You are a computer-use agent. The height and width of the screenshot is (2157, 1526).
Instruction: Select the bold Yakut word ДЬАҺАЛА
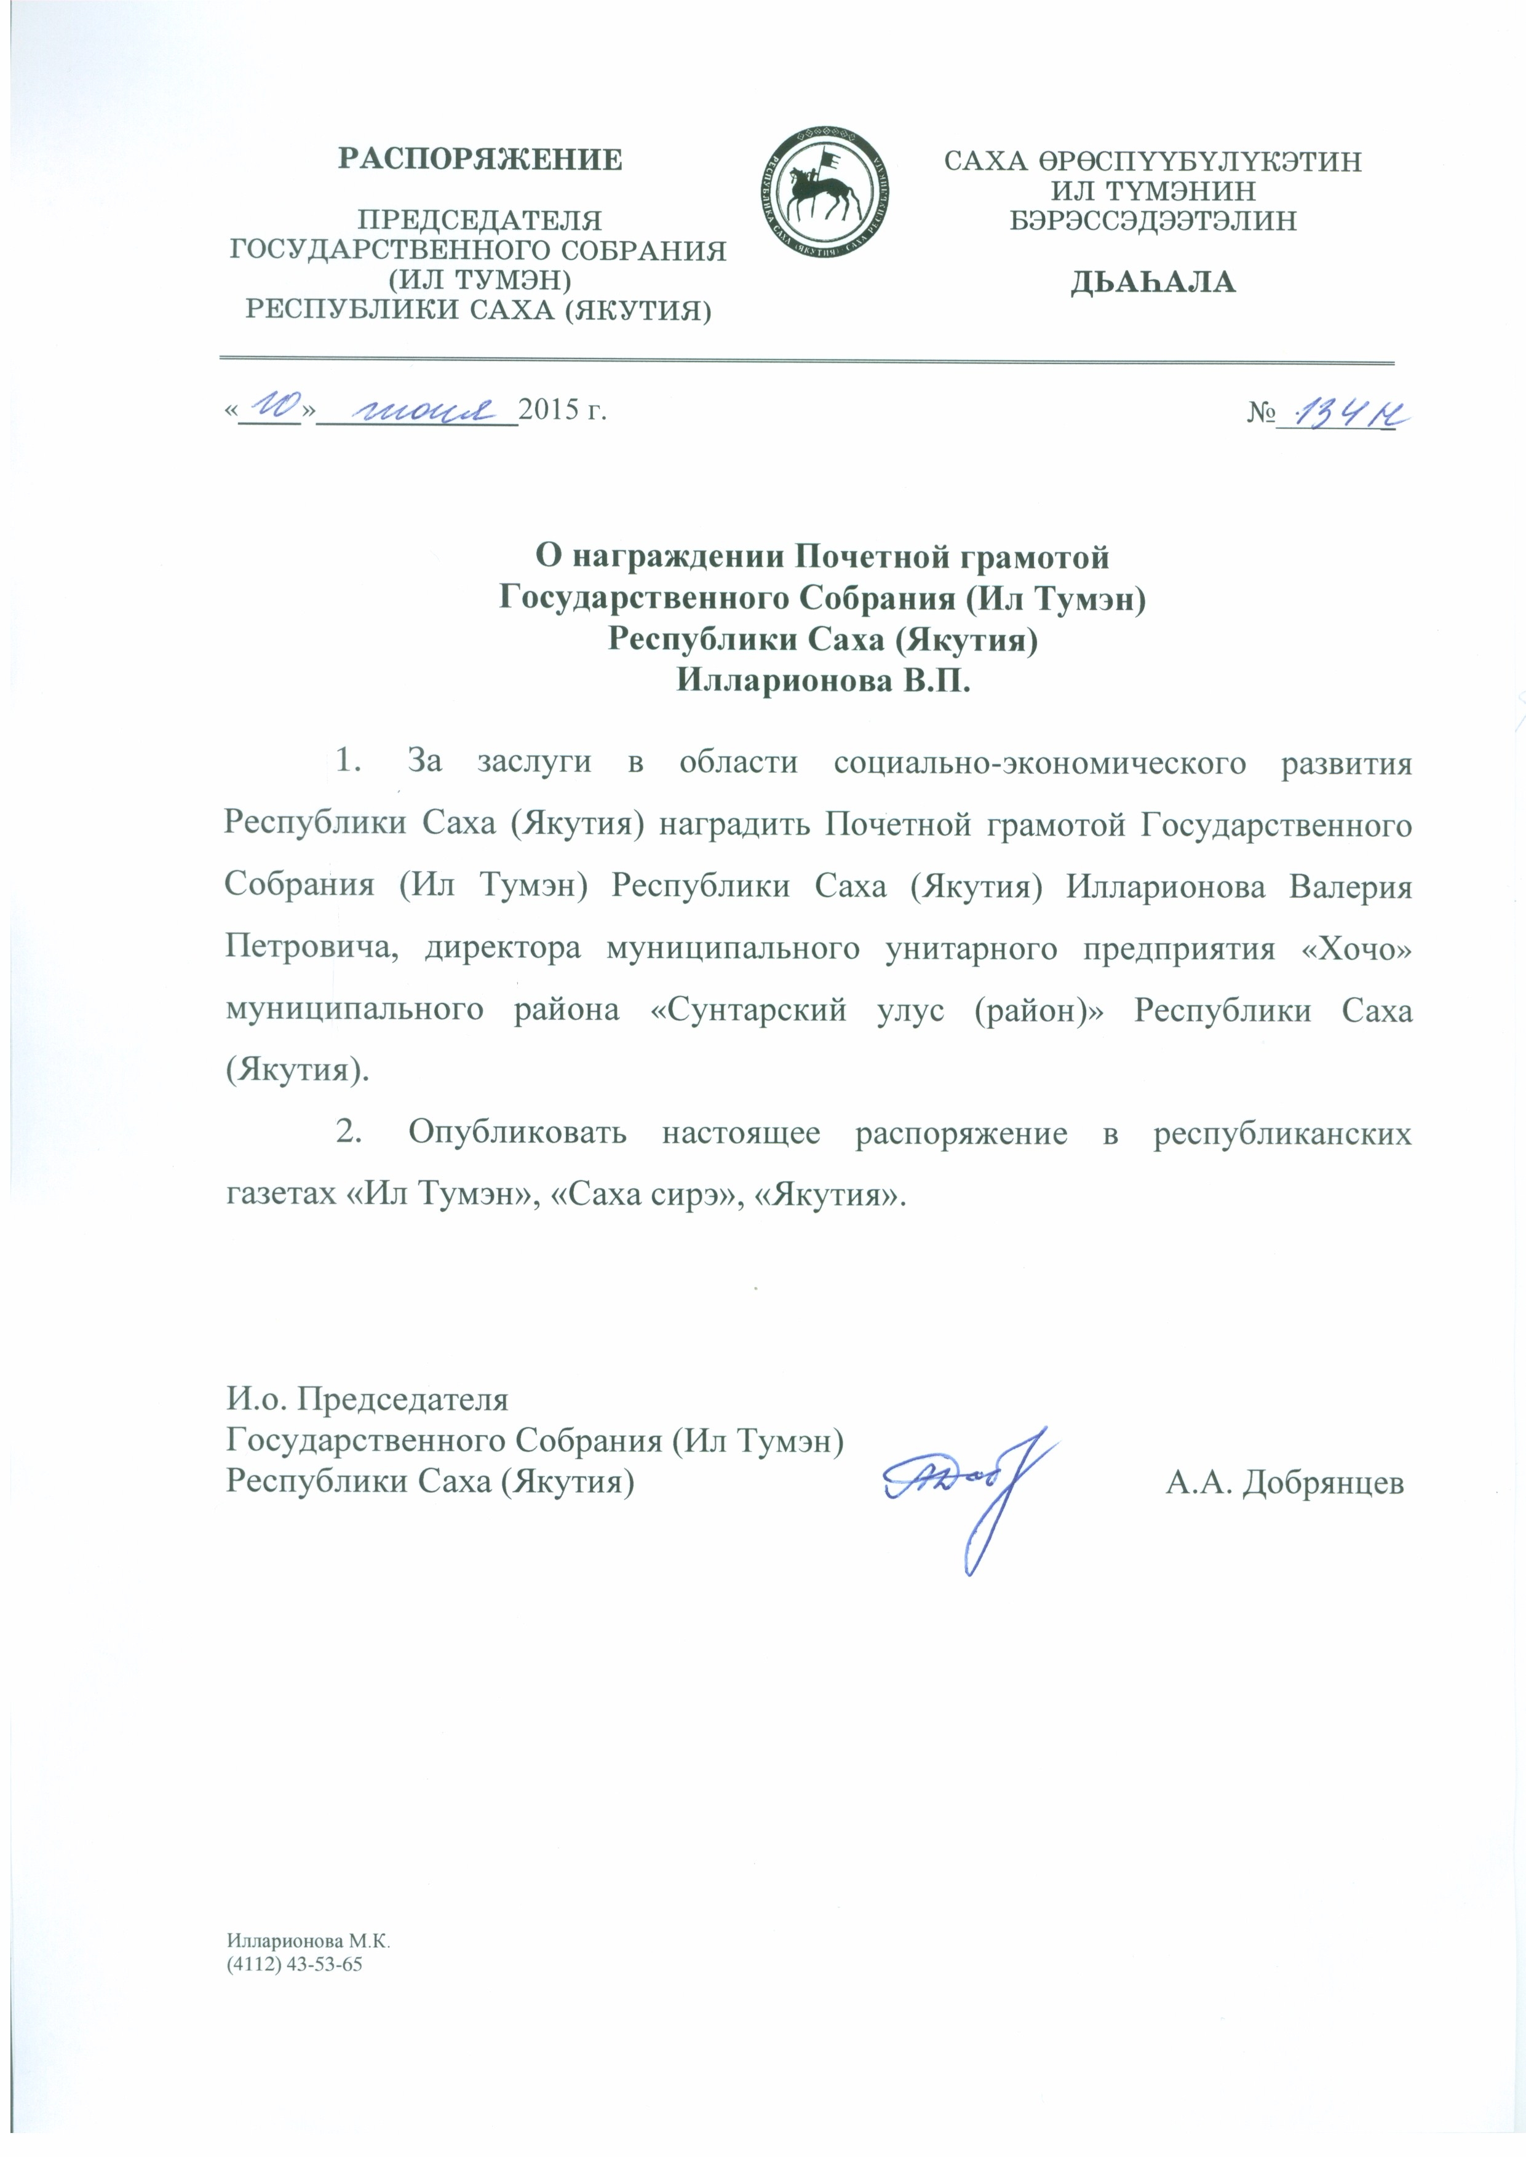1153,282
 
